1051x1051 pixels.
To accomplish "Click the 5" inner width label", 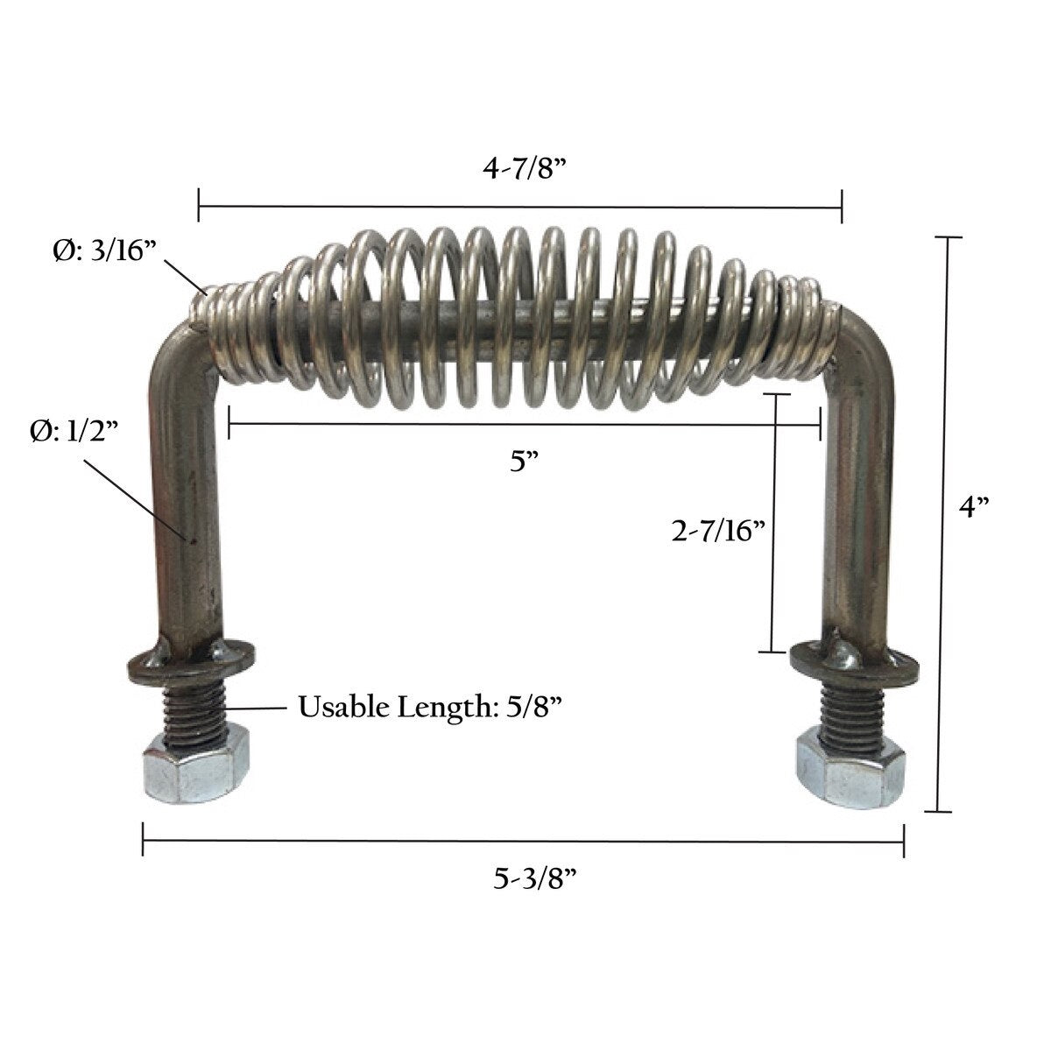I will coord(524,462).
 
